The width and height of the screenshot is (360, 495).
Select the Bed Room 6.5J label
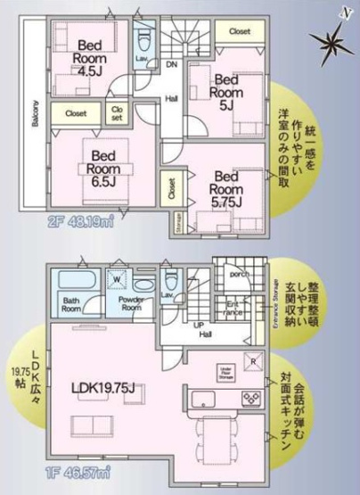(104, 164)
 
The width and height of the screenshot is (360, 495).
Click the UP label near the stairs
(199, 326)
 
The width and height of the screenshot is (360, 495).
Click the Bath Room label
(72, 303)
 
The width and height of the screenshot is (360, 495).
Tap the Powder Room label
(132, 303)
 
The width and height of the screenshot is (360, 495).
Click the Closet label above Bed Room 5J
(239, 31)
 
